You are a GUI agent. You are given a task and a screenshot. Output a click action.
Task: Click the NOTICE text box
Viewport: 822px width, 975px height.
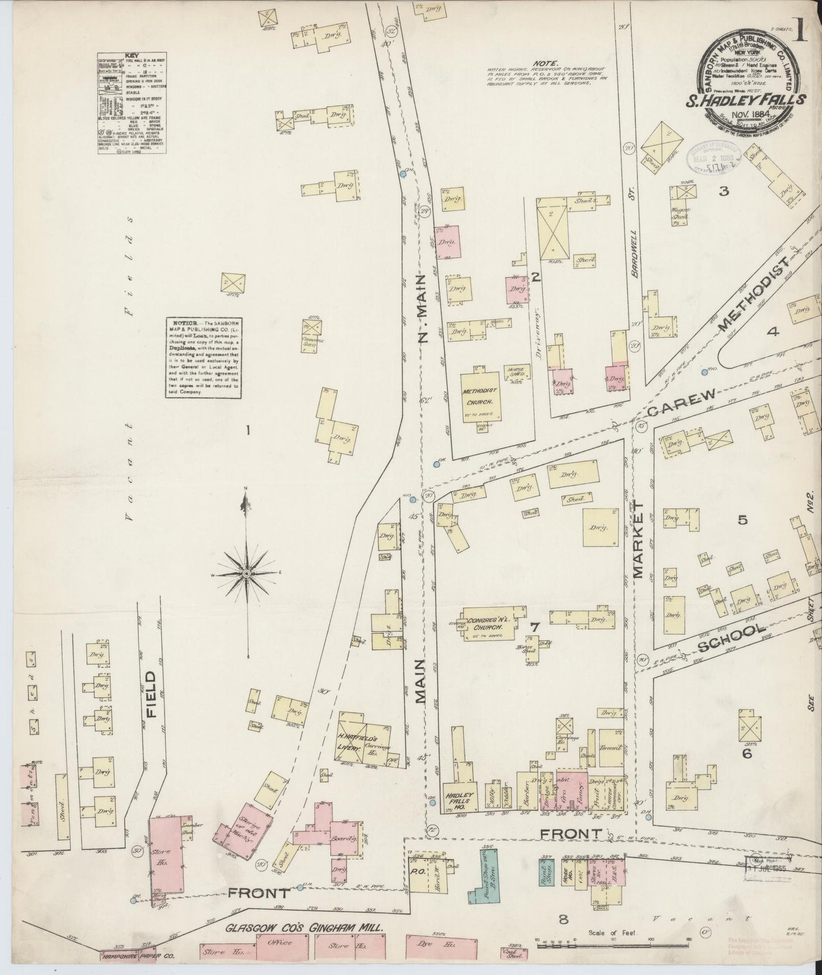point(203,357)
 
